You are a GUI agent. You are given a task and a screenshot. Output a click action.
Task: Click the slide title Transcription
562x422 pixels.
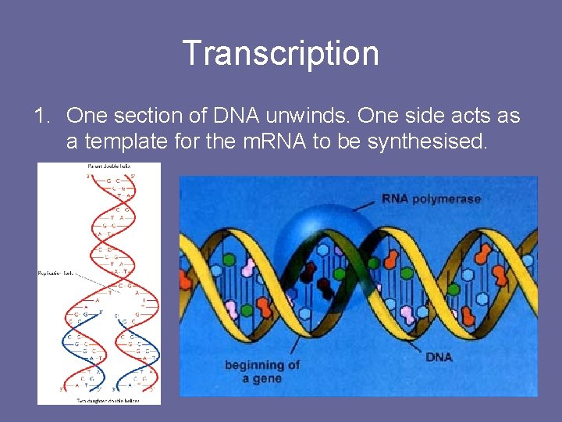click(280, 53)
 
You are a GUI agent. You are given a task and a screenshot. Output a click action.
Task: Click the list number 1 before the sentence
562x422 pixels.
click(41, 116)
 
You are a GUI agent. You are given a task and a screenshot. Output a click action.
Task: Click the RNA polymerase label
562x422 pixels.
click(431, 198)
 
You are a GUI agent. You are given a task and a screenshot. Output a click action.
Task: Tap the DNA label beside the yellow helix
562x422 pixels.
click(439, 356)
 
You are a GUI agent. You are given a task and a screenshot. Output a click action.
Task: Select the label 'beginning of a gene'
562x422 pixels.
click(261, 372)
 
